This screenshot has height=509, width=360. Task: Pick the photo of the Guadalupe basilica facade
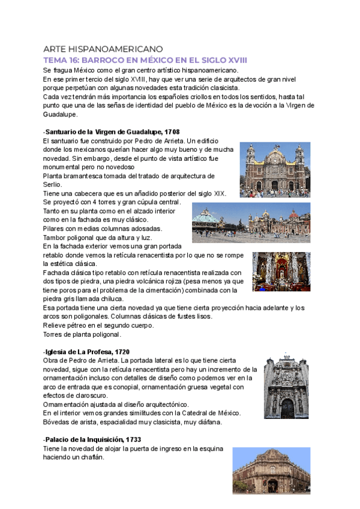pos(275,170)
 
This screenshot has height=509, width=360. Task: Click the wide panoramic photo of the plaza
pos(251,223)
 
